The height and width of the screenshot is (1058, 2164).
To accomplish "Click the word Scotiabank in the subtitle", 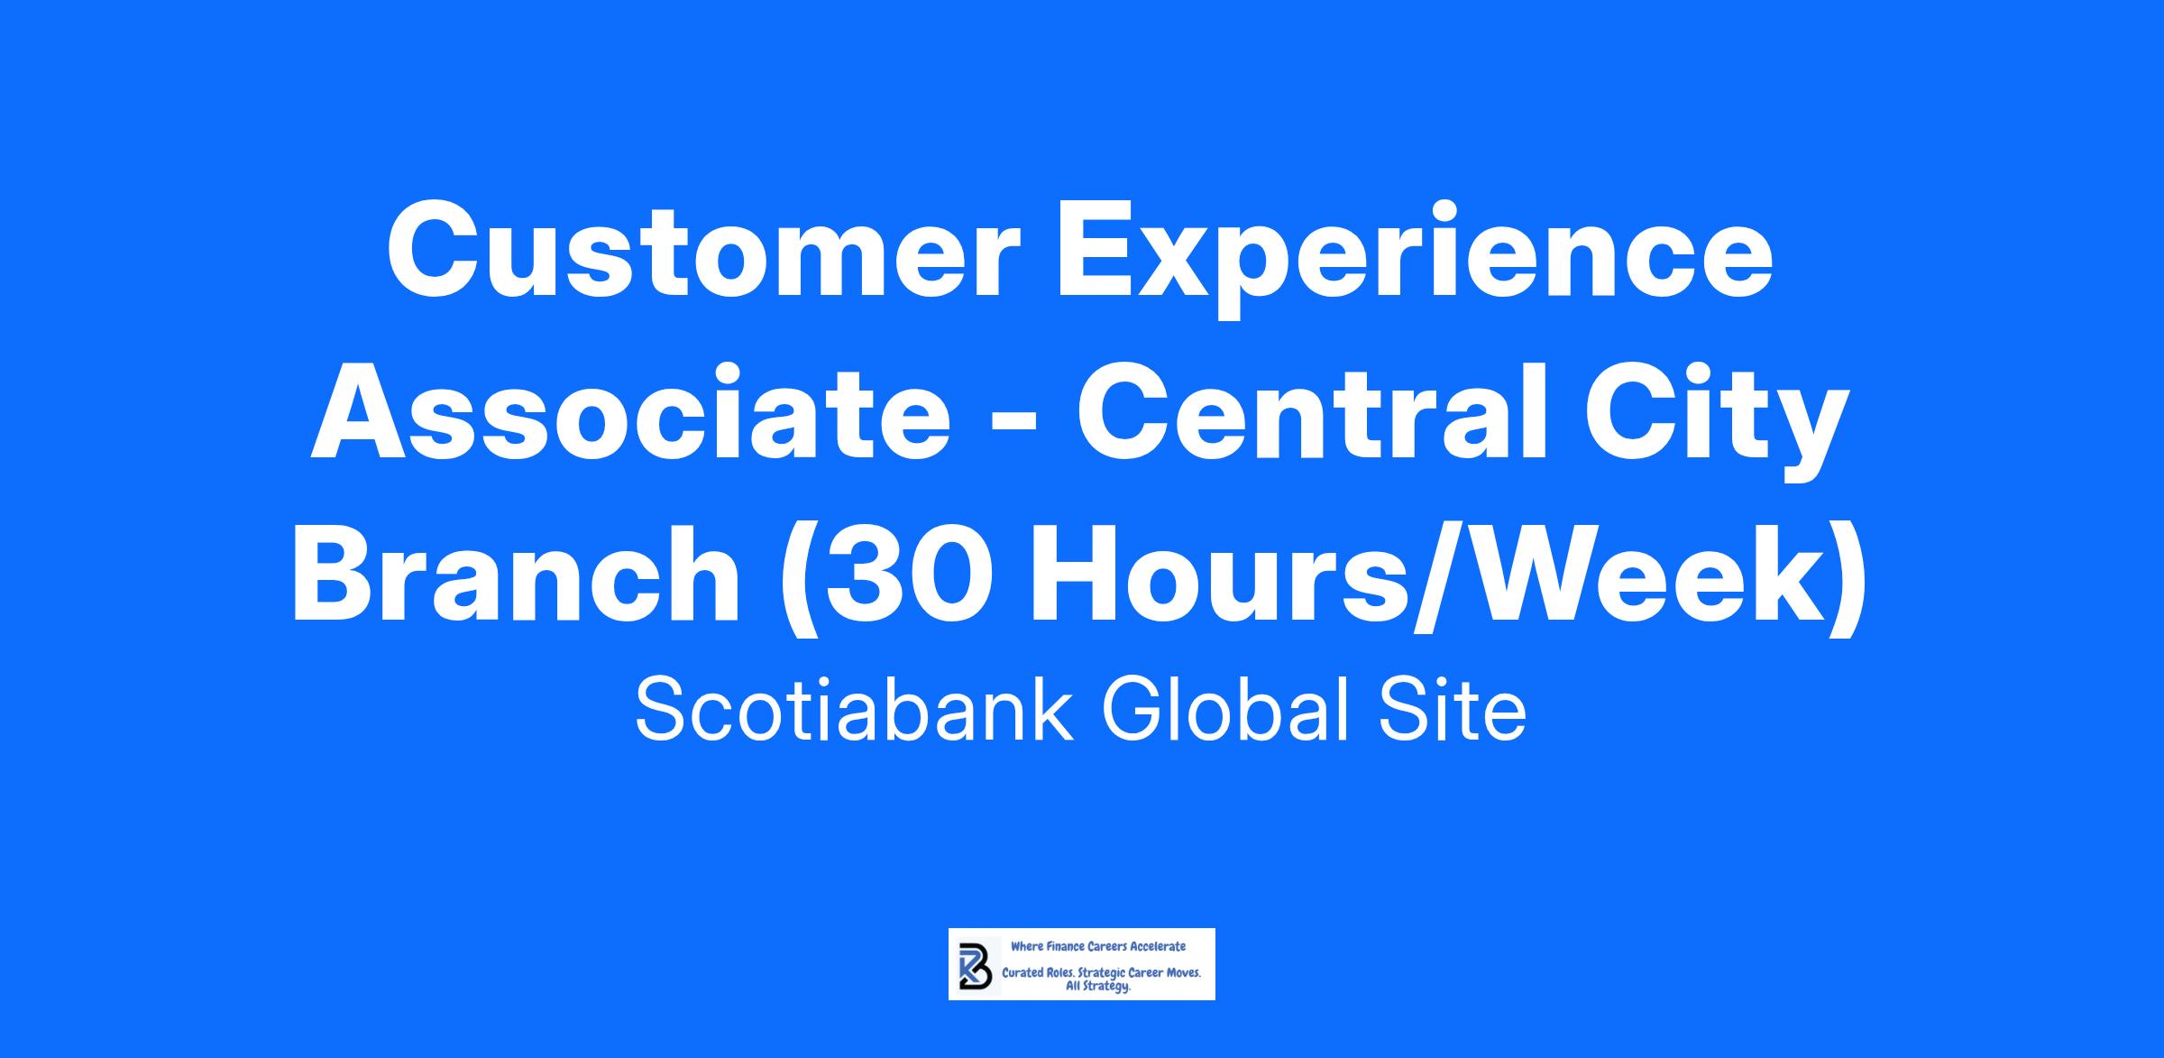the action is click(x=853, y=712).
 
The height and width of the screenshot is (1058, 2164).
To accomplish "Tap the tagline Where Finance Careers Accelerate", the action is click(x=1098, y=946).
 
